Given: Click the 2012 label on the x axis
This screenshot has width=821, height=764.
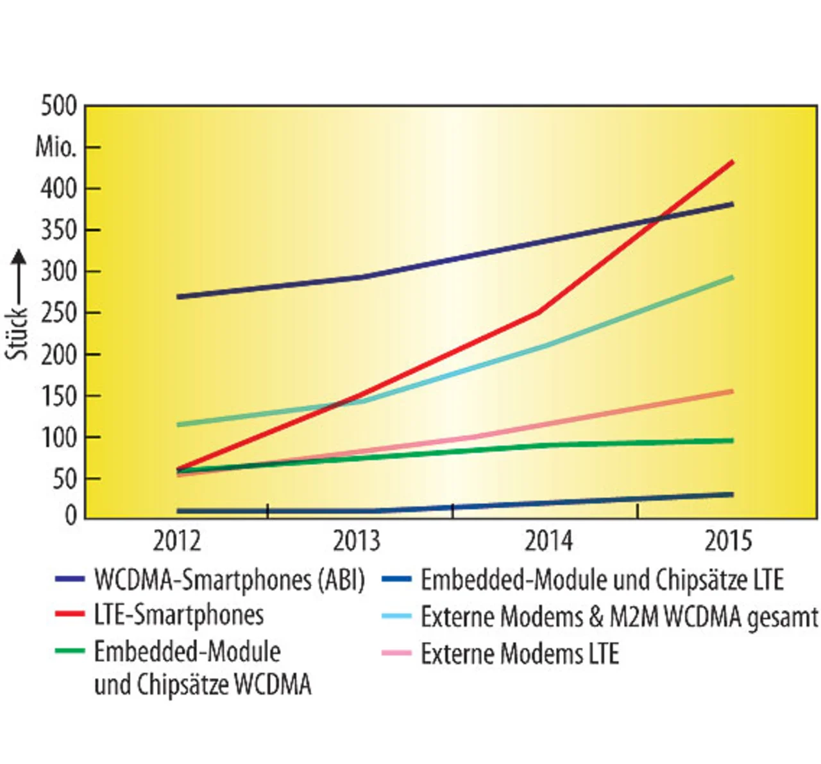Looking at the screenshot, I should [x=176, y=541].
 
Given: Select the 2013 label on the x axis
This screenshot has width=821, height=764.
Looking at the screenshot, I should [x=357, y=541].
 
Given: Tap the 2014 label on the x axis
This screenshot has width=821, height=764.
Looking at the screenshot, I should [x=548, y=541].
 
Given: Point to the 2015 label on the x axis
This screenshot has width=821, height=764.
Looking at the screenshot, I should [x=729, y=541].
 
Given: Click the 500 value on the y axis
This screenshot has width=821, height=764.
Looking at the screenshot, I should [x=59, y=106].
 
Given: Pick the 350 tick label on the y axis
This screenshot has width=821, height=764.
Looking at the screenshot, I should [x=59, y=230].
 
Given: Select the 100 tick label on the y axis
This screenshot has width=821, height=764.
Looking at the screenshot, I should [x=59, y=437].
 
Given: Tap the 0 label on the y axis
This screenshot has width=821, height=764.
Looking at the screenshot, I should [x=71, y=516].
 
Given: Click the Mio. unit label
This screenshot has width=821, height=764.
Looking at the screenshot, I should [x=56, y=147].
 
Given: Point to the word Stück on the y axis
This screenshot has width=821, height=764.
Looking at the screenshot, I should [x=18, y=333].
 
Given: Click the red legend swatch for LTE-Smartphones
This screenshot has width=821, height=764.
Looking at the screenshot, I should [x=70, y=614].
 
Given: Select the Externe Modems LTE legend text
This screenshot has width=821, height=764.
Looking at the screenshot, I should [x=520, y=654].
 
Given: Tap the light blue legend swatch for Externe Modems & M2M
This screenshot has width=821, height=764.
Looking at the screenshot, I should [x=396, y=616].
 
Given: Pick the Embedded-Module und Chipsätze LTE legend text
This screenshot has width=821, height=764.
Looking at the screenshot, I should [x=602, y=580].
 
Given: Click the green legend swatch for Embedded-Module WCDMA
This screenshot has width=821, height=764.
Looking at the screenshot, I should [x=70, y=651].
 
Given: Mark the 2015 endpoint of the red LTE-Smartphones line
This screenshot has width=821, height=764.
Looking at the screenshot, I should [x=732, y=162].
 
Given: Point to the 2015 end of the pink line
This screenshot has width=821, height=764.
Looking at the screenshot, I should [x=732, y=392].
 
